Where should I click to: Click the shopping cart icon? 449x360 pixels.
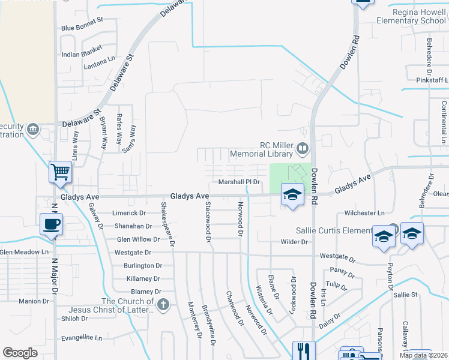(61, 172)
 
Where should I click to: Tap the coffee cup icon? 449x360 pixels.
(51, 224)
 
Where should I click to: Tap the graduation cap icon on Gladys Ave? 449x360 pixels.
(292, 194)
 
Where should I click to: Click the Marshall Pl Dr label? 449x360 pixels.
(238, 182)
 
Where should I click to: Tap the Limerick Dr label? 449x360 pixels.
(129, 213)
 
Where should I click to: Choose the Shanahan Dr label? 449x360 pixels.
(132, 226)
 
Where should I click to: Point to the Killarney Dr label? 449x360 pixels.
(143, 278)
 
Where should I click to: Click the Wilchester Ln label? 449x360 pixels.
(364, 213)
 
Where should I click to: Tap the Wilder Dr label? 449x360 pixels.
(294, 242)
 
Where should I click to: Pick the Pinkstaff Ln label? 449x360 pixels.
(432, 80)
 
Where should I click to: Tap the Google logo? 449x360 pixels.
(20, 352)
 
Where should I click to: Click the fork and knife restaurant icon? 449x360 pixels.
(303, 350)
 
